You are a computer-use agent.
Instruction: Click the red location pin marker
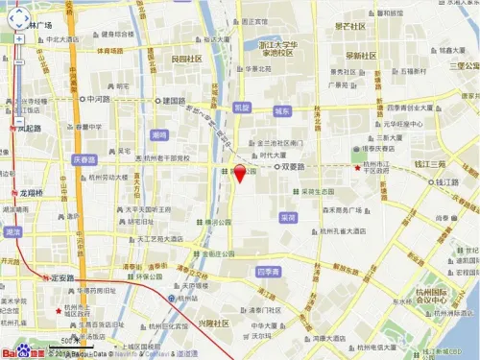(x=239, y=174)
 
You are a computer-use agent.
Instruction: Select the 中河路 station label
(x=98, y=99)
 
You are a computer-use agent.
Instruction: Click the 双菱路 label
(x=297, y=166)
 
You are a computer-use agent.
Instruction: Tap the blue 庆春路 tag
(x=86, y=160)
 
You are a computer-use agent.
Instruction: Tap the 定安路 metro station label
(x=69, y=277)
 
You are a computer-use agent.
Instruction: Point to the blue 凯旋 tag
(x=242, y=108)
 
